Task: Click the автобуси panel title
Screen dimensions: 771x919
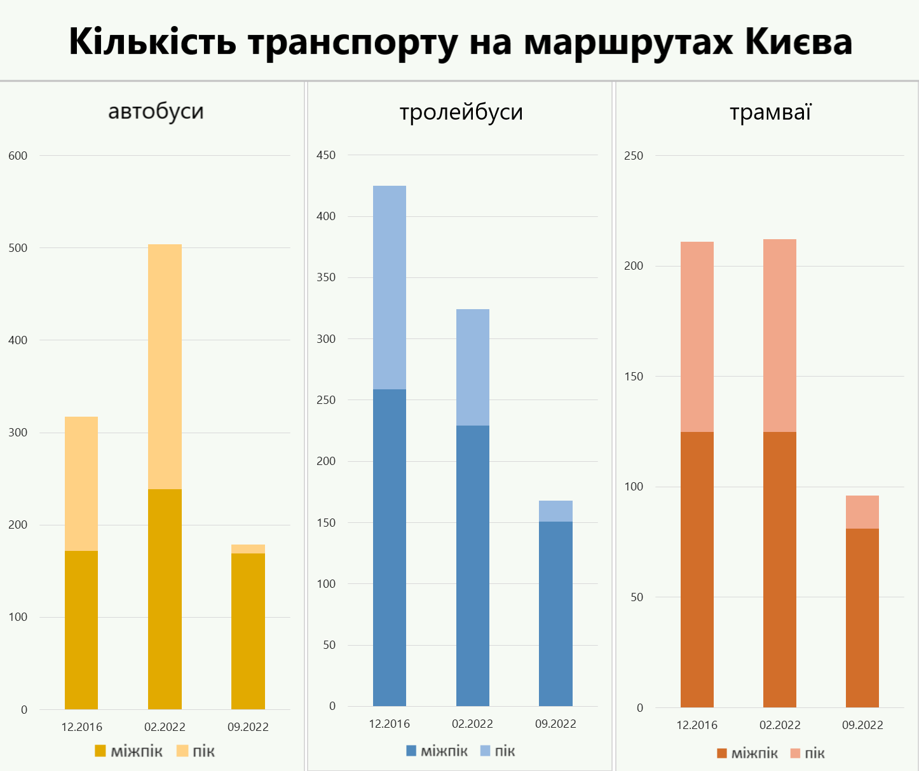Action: point(156,111)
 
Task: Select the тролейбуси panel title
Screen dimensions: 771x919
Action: point(461,112)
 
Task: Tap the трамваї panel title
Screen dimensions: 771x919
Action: point(770,112)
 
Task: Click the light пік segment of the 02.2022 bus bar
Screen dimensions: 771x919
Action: point(165,366)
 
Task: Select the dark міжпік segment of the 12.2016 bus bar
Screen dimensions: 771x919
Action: point(81,630)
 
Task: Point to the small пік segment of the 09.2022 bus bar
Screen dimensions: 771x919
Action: point(248,549)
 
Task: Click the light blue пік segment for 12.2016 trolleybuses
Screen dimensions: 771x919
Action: point(390,288)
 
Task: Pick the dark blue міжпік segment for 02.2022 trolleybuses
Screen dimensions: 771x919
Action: point(473,565)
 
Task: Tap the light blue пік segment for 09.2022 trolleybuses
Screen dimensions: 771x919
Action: point(555,511)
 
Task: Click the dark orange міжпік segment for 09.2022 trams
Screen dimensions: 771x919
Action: point(862,617)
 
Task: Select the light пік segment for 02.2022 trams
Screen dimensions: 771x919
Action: point(780,335)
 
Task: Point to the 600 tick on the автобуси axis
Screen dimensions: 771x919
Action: point(18,156)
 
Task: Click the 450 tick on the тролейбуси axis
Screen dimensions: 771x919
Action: point(326,155)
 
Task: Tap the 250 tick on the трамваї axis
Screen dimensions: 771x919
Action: point(634,156)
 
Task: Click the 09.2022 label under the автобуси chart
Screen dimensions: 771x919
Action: point(248,726)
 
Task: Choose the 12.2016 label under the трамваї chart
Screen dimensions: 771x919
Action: point(697,725)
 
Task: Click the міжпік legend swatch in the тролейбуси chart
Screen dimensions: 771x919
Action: point(411,751)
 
